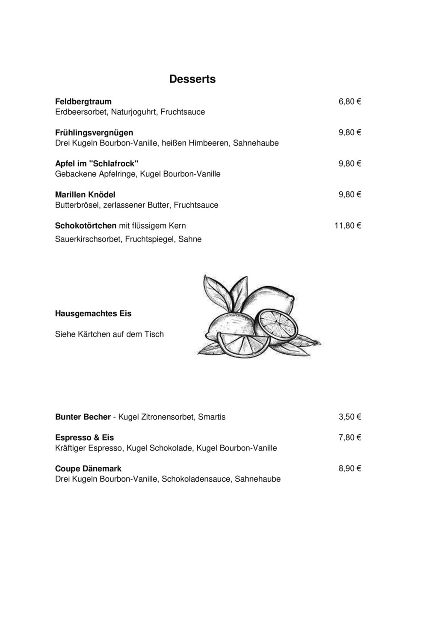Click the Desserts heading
[192, 79]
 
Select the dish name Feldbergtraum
[83, 101]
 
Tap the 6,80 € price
[349, 101]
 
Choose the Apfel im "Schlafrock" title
[97, 164]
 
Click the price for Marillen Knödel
[349, 194]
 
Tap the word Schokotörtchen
[86, 226]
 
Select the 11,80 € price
[347, 226]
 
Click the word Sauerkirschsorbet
[88, 239]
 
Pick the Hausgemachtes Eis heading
[93, 313]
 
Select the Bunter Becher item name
[83, 417]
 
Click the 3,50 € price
[349, 417]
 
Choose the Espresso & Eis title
[84, 438]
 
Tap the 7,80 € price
[349, 438]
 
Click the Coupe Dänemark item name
[88, 468]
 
